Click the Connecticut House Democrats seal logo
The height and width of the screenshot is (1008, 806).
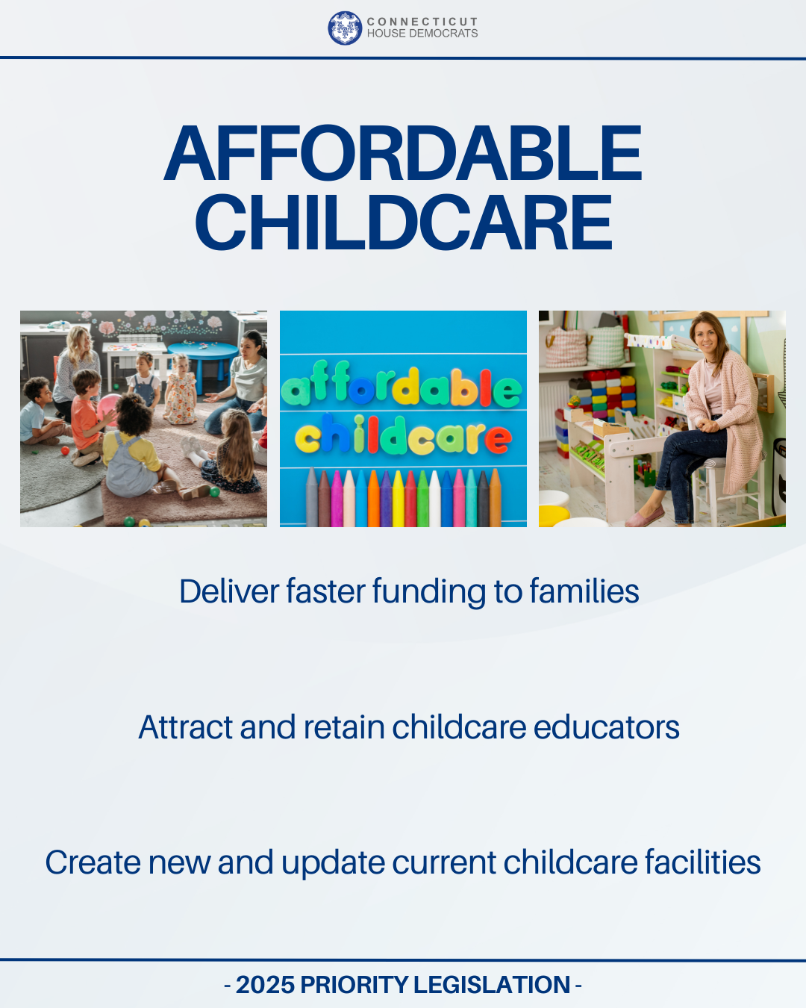pyautogui.click(x=344, y=28)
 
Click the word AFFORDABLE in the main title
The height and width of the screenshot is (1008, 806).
pyautogui.click(x=403, y=154)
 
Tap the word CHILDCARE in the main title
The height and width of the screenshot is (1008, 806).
pyautogui.click(x=403, y=223)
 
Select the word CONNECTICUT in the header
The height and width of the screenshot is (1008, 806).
pyautogui.click(x=422, y=22)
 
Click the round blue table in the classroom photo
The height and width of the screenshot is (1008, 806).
pyautogui.click(x=202, y=352)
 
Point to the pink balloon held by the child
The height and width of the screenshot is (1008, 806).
pyautogui.click(x=109, y=407)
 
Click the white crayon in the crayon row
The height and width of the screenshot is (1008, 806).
pyautogui.click(x=434, y=499)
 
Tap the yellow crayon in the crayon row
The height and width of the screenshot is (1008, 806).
pyautogui.click(x=399, y=499)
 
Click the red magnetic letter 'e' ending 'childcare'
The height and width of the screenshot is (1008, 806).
pyautogui.click(x=498, y=440)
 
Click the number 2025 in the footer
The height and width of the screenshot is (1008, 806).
pyautogui.click(x=265, y=985)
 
